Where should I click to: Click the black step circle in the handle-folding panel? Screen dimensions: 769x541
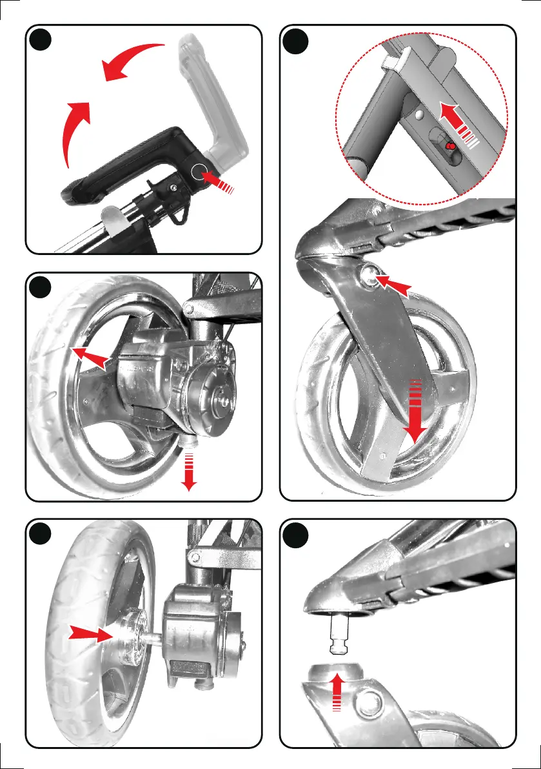pyautogui.click(x=42, y=41)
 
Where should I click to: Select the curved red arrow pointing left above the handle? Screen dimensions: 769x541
pyautogui.click(x=132, y=61)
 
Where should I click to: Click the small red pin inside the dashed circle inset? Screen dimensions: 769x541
pyautogui.click(x=451, y=147)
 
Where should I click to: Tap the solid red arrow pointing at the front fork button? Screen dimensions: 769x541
pyautogui.click(x=394, y=285)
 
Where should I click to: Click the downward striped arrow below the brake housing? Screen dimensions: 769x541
pyautogui.click(x=189, y=471)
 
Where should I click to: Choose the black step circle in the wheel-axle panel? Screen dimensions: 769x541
pyautogui.click(x=42, y=535)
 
